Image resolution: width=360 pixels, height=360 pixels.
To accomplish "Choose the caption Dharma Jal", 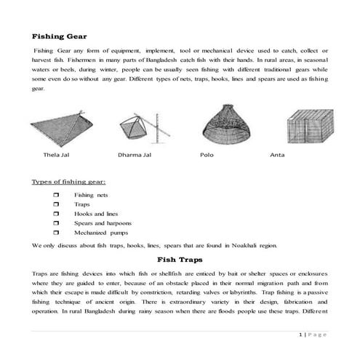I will (135, 156).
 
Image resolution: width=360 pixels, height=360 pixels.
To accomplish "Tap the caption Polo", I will (207, 156).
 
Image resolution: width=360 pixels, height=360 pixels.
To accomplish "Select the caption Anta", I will (277, 156).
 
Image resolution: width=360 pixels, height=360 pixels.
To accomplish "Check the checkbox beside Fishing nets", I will (56, 195).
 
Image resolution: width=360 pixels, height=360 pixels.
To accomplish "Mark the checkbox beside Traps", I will (56, 205).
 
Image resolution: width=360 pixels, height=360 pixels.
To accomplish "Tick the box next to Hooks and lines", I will (56, 215).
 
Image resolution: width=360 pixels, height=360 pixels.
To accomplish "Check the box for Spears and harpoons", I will (56, 225).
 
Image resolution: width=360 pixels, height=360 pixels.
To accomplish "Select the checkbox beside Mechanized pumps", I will (56, 235).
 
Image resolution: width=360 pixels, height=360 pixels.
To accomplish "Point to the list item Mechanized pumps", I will (99, 235).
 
